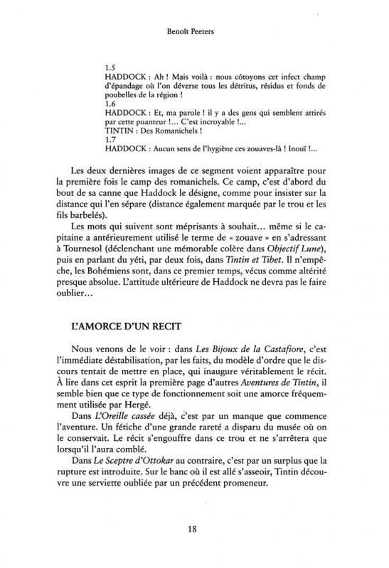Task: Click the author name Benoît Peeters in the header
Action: coord(193,33)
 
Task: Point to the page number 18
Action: coord(193,528)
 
